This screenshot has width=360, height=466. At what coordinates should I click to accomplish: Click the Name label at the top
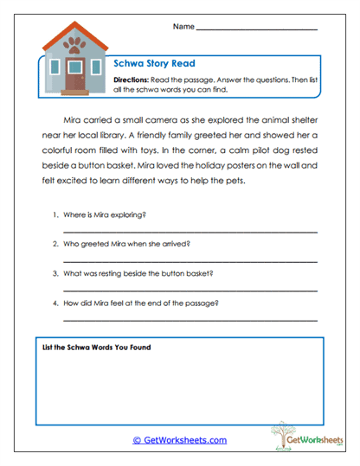(183, 27)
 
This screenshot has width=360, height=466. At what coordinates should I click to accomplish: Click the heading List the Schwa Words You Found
(97, 348)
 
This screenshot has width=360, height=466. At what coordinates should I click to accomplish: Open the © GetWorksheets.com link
(180, 440)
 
